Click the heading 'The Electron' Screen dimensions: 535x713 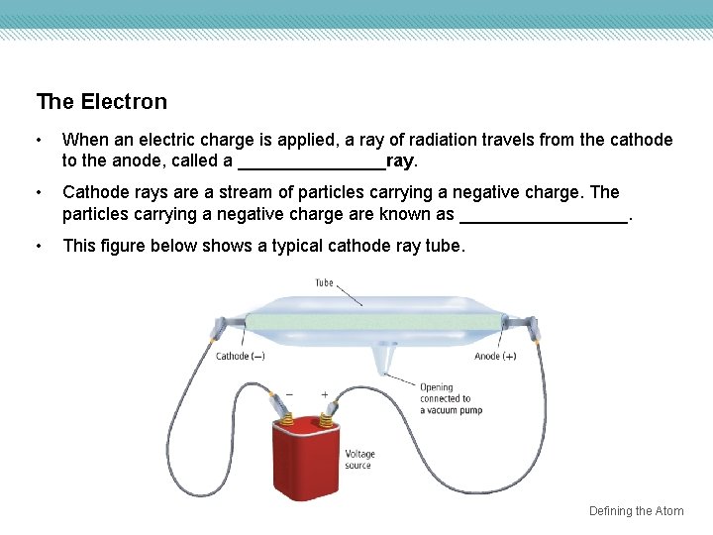[x=101, y=102]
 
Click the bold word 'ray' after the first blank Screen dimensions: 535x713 [x=400, y=160]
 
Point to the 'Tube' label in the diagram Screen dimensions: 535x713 [x=324, y=282]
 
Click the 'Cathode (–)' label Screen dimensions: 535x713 [x=240, y=357]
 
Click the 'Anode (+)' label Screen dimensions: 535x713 [x=495, y=357]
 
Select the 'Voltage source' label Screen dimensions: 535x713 [x=359, y=460]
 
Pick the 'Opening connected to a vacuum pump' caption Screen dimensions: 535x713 [x=451, y=398]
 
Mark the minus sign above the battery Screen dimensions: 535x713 [x=289, y=393]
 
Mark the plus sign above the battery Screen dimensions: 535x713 [x=324, y=393]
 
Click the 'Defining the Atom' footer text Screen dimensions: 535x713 [x=636, y=511]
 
